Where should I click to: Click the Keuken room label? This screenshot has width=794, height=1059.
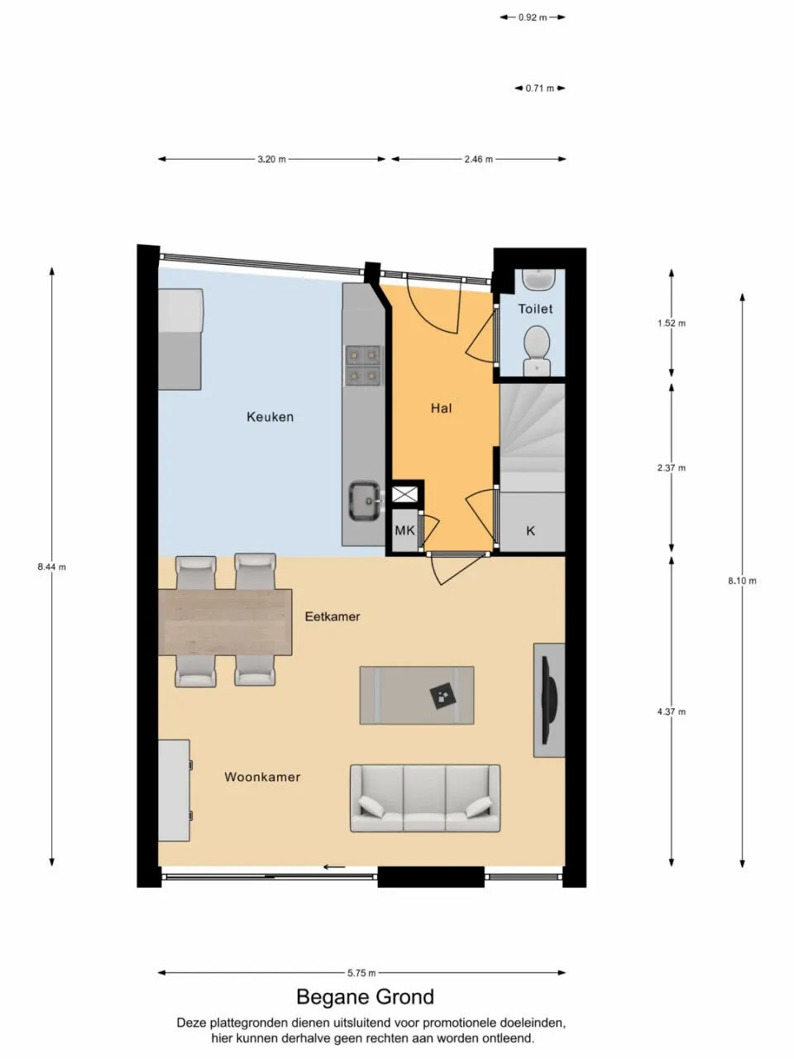coord(270,417)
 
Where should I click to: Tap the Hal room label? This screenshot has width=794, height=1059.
coord(441,408)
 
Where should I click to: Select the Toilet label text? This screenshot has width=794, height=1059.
coord(535,309)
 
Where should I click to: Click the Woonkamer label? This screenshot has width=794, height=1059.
coord(262,777)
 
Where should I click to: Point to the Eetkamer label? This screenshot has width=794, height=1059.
coord(332,616)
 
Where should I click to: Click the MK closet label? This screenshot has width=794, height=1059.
coord(404,530)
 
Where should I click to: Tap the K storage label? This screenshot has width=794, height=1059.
coord(530,530)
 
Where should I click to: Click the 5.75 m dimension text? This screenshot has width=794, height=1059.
coord(361,973)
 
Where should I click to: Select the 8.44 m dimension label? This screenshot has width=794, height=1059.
coord(51,567)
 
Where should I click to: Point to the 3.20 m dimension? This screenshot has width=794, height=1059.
coord(271,159)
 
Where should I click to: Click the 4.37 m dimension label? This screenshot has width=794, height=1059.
coord(671,712)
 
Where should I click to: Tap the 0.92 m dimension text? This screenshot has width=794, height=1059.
coord(533,17)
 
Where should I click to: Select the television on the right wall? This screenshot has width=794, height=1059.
coord(549,700)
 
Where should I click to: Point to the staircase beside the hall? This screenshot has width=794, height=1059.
coord(531,434)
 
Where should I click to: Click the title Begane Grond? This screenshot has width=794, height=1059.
coord(365,997)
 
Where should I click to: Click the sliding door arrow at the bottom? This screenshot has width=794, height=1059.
coord(334,867)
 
